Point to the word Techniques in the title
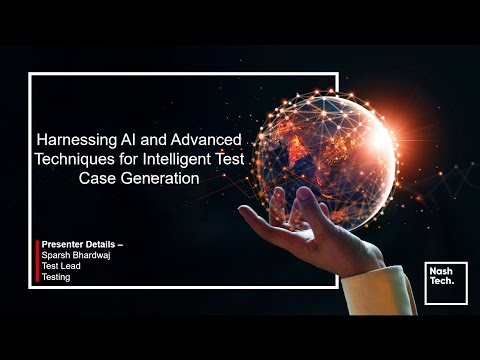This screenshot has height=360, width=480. point(71,160)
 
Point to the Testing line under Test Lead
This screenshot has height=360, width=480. point(59,277)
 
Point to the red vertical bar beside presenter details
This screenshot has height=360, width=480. point(39,261)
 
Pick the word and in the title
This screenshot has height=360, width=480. point(161,142)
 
